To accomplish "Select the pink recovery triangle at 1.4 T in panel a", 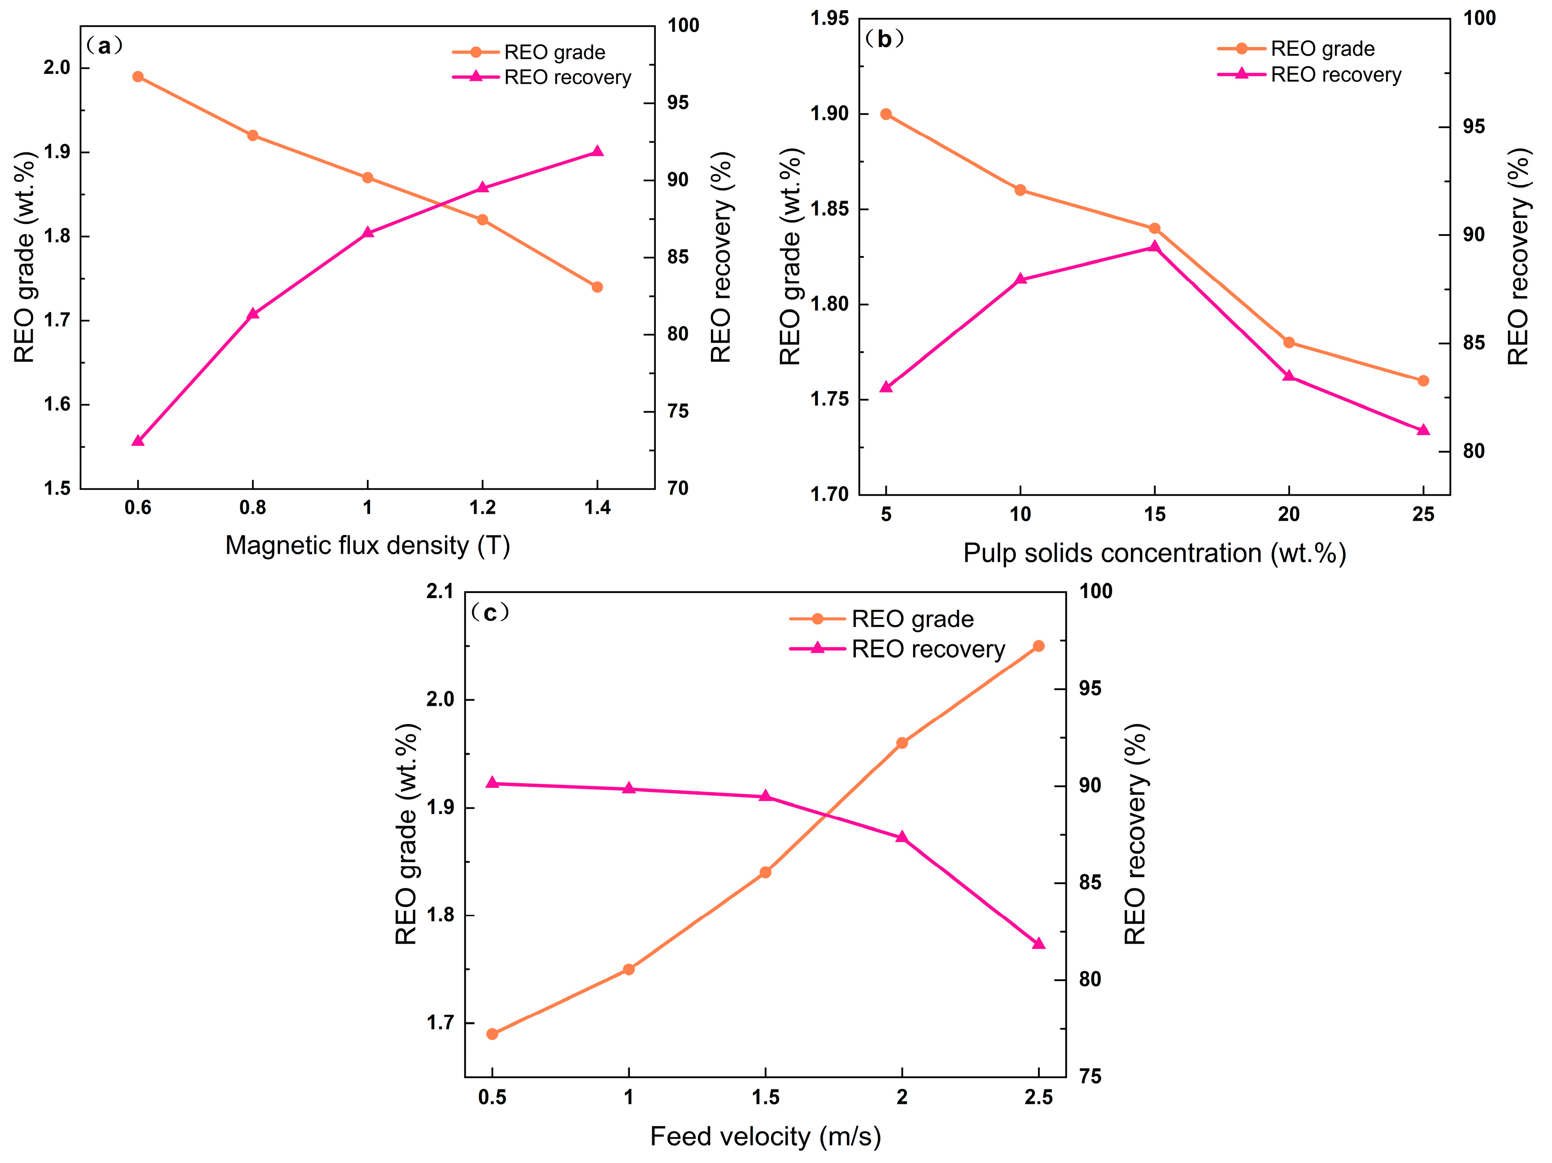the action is pos(597,152).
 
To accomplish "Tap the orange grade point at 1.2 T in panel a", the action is pos(482,220).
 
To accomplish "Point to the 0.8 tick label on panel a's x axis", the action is pos(253,508).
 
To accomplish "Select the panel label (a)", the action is pos(105,46).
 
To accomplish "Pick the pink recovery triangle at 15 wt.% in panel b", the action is pos(1154,247).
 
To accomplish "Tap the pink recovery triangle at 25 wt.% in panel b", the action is pos(1423,430).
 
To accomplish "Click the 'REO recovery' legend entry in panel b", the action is pos(1309,75).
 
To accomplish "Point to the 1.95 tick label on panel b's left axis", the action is pos(829,19).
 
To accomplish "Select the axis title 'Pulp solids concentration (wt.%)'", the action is pos(1154,553).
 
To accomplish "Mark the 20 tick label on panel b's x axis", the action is pos(1289,515).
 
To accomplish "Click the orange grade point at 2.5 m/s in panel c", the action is pos(1038,646).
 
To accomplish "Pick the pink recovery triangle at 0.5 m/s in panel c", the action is pos(492,783).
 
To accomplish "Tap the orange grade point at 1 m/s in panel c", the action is pos(629,969).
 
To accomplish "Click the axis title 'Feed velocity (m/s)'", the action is pos(766,1137).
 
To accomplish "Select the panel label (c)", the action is pos(490,614).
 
